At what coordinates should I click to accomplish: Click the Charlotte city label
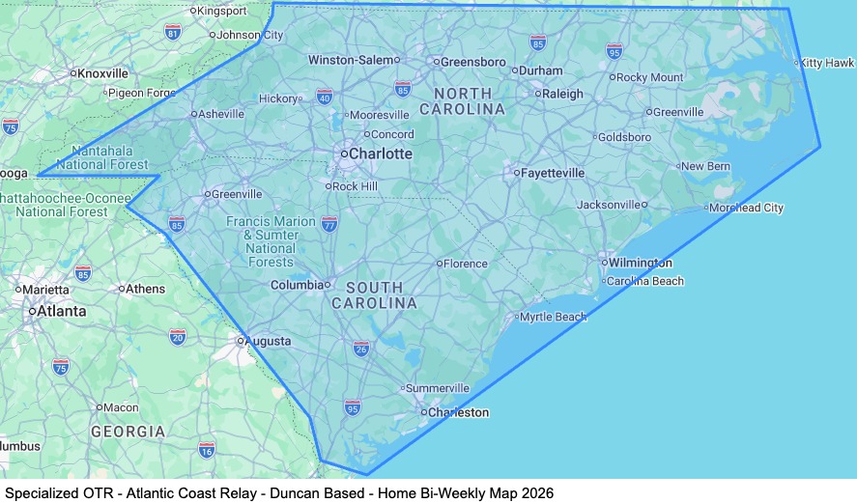coord(380,154)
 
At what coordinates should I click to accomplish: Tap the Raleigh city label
coord(562,95)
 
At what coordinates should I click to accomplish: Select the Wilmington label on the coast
coord(640,263)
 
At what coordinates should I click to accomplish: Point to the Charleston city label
coord(459,412)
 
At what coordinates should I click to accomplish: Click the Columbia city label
coord(297,285)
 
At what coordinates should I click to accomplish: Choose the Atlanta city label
coord(61,311)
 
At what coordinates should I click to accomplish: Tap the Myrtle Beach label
coord(554,317)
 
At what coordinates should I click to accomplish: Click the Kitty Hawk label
coord(826,63)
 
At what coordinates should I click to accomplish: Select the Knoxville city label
coord(102,72)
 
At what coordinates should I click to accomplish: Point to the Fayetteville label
coord(553,173)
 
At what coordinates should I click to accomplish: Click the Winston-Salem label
coord(352,60)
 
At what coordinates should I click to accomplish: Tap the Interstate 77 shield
coord(329,224)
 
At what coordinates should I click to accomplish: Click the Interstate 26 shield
coord(360,348)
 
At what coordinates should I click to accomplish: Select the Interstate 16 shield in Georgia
coord(206,449)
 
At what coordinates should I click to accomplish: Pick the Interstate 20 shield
coord(177,336)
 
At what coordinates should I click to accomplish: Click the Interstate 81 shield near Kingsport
coord(173,33)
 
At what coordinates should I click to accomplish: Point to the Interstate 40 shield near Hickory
coord(325,97)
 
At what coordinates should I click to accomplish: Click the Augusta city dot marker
coord(241,341)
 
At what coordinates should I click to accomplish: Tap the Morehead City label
coord(746,208)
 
